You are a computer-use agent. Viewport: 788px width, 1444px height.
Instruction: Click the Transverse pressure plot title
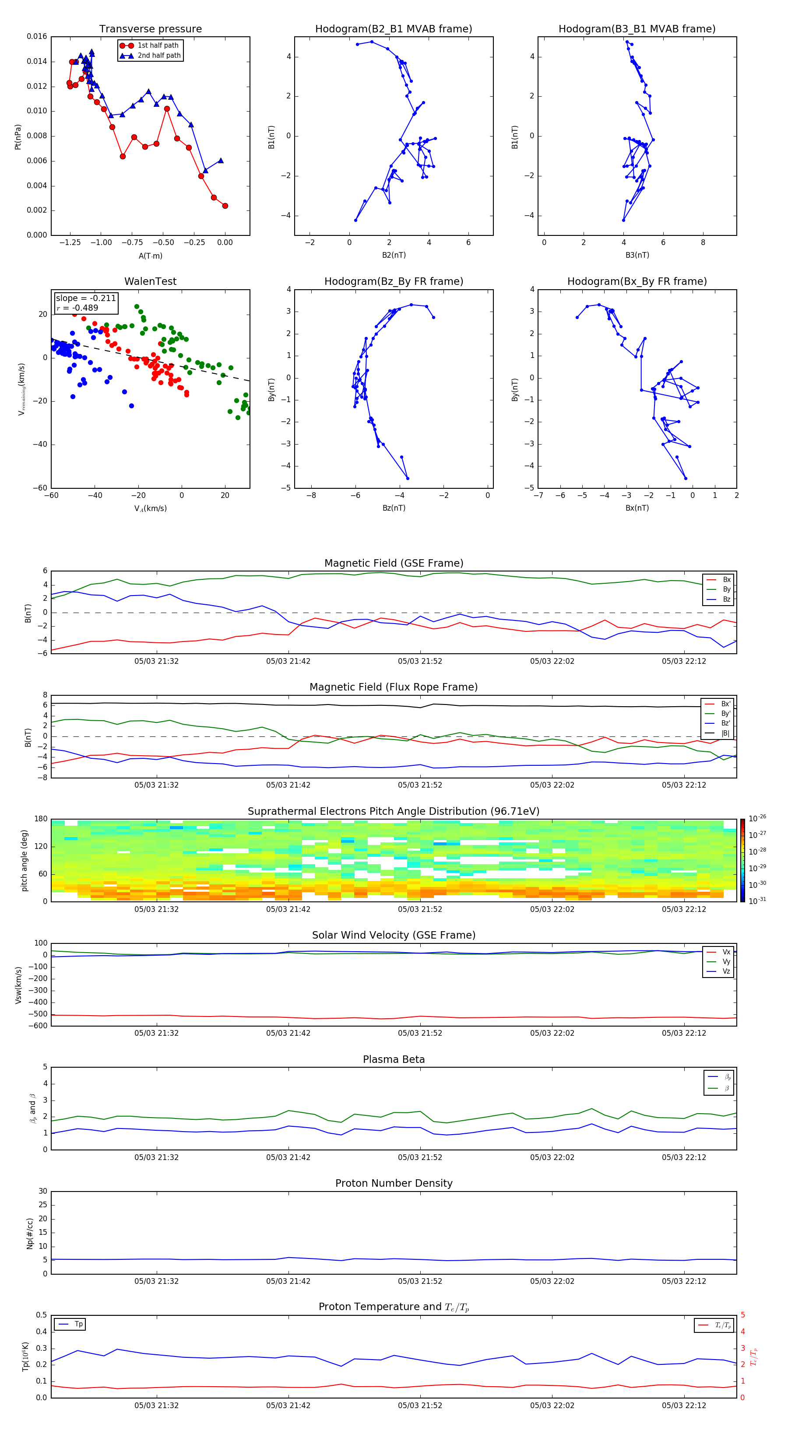(x=150, y=29)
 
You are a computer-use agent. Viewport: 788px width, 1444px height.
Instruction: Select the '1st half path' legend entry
(x=158, y=46)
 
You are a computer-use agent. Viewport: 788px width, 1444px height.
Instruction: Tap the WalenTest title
(x=150, y=281)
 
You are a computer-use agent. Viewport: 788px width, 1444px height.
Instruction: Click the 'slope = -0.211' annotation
(x=86, y=298)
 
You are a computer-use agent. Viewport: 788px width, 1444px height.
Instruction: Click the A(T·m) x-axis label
(x=150, y=256)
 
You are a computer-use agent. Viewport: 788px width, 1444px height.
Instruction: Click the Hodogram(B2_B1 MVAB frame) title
(x=394, y=29)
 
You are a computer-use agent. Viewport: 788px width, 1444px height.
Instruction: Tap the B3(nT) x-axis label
(x=637, y=255)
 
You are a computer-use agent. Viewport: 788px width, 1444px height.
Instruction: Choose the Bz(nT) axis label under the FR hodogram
(x=394, y=508)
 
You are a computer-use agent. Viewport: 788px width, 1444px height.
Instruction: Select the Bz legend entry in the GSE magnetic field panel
(x=726, y=599)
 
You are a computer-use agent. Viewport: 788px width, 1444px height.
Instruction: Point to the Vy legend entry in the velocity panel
(x=726, y=961)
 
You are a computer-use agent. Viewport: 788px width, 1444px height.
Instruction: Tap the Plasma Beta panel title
(x=394, y=1059)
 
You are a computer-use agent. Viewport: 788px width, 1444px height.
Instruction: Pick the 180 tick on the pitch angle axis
(x=41, y=819)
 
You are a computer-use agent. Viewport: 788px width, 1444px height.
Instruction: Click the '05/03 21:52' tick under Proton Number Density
(x=420, y=1281)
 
